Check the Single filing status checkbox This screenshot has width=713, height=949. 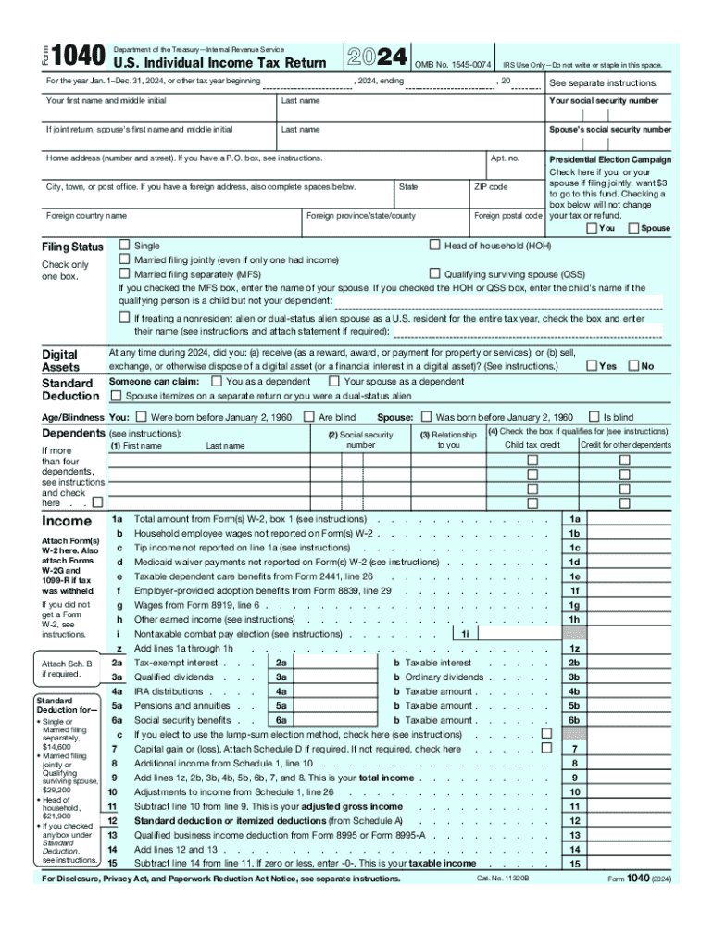tap(124, 246)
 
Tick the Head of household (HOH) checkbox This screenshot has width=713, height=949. tap(434, 246)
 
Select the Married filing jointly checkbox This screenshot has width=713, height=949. tap(124, 260)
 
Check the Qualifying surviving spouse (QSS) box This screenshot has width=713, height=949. tap(434, 274)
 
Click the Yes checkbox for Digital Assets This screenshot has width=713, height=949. tap(591, 366)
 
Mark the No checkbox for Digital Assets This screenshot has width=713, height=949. tap(633, 366)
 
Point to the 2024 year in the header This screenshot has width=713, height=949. tap(376, 57)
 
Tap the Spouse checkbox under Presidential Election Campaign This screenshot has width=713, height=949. tap(632, 228)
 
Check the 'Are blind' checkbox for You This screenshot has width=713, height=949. tap(309, 417)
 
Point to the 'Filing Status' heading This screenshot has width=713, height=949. tap(72, 247)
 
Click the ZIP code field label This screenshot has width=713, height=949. tap(490, 187)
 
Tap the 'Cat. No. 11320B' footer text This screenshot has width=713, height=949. tap(503, 878)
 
